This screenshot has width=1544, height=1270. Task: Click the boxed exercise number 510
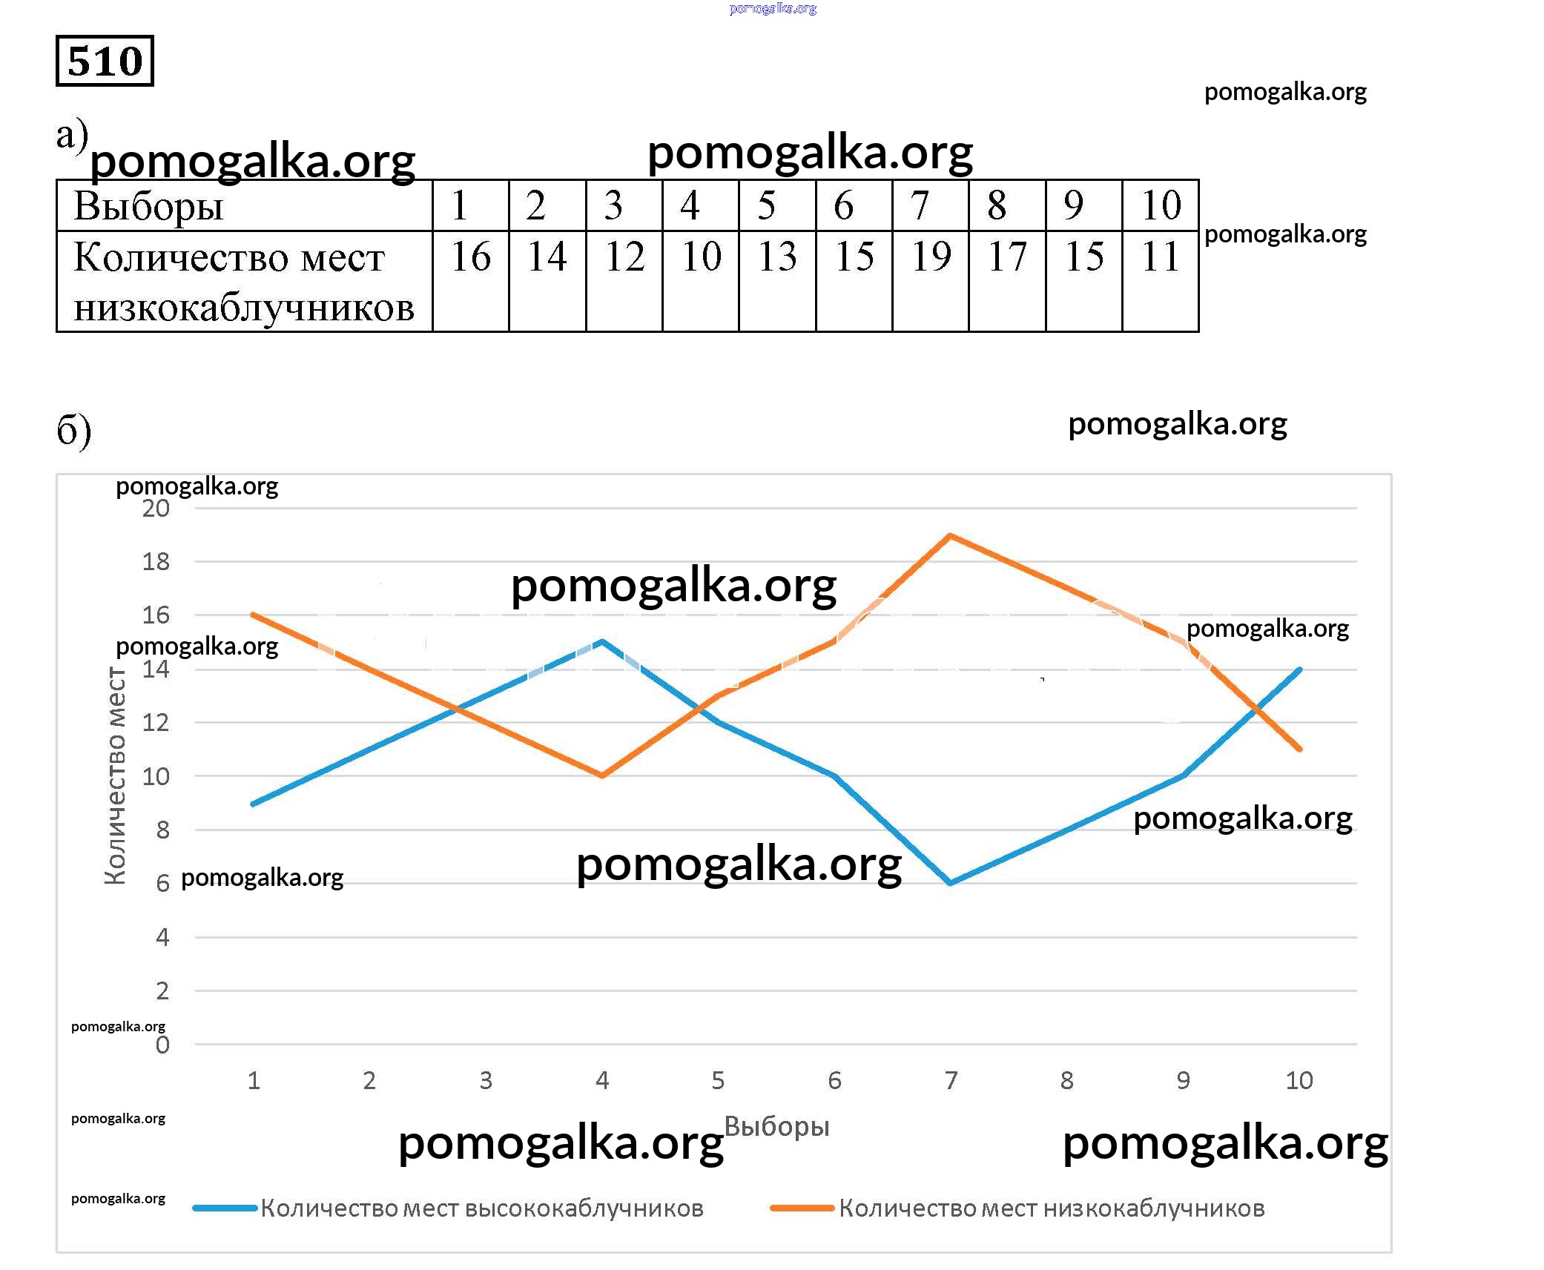tap(105, 61)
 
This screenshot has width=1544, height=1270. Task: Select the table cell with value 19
tap(931, 257)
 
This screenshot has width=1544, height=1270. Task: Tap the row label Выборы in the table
tap(148, 206)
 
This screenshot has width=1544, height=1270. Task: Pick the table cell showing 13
tap(777, 257)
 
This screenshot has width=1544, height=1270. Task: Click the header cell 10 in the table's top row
tap(1161, 205)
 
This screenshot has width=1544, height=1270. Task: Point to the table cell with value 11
tap(1161, 257)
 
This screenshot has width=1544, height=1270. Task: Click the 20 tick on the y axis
tap(156, 509)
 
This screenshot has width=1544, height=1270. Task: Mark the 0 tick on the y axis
tap(162, 1045)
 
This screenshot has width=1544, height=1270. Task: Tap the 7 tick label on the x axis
tap(951, 1081)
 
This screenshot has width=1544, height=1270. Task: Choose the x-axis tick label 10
tap(1299, 1081)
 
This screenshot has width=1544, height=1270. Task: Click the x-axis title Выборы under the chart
tap(776, 1126)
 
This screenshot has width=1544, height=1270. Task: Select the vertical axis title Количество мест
tap(115, 775)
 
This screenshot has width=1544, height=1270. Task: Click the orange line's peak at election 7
tap(951, 535)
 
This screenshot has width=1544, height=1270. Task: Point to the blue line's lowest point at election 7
tap(951, 883)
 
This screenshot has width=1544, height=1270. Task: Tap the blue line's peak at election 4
tap(602, 641)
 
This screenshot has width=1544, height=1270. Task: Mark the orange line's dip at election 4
tap(602, 775)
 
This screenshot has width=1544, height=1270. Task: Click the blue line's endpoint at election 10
tap(1299, 669)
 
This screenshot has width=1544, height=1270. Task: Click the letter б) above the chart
tap(73, 430)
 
